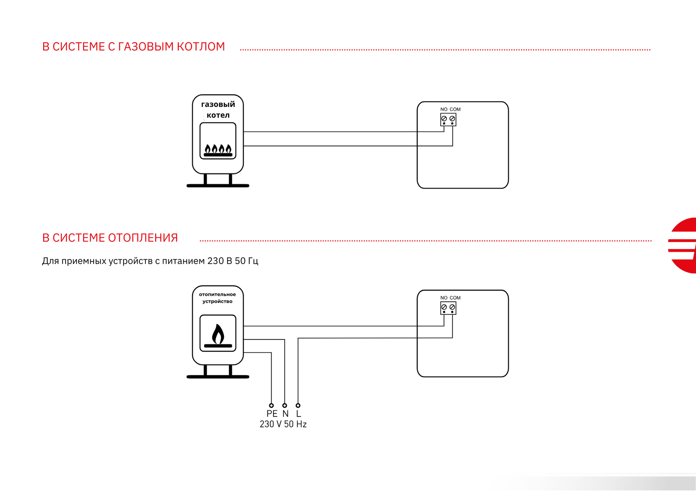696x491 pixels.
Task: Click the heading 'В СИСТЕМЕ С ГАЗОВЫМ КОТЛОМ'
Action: (134, 46)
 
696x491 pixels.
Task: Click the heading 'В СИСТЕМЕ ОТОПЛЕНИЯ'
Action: (110, 238)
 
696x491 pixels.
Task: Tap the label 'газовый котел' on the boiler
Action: (218, 109)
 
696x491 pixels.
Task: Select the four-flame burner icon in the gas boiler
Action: (218, 150)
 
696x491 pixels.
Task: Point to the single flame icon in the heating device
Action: (218, 336)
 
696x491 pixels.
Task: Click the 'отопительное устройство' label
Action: (217, 298)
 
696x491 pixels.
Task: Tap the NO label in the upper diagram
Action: (444, 109)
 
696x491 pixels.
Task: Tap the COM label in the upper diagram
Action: (455, 109)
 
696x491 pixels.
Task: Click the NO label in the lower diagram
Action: (444, 298)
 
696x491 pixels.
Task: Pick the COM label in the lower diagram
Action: (455, 298)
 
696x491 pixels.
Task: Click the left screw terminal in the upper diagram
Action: (444, 119)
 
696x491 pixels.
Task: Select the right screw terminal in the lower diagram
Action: (452, 307)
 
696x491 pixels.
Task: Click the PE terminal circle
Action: (271, 406)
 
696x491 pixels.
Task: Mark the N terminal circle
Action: (285, 406)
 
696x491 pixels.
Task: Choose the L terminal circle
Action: (298, 406)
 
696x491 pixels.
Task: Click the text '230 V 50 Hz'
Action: (283, 424)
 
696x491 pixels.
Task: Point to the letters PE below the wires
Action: (272, 414)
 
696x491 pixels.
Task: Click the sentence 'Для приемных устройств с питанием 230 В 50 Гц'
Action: (150, 261)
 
